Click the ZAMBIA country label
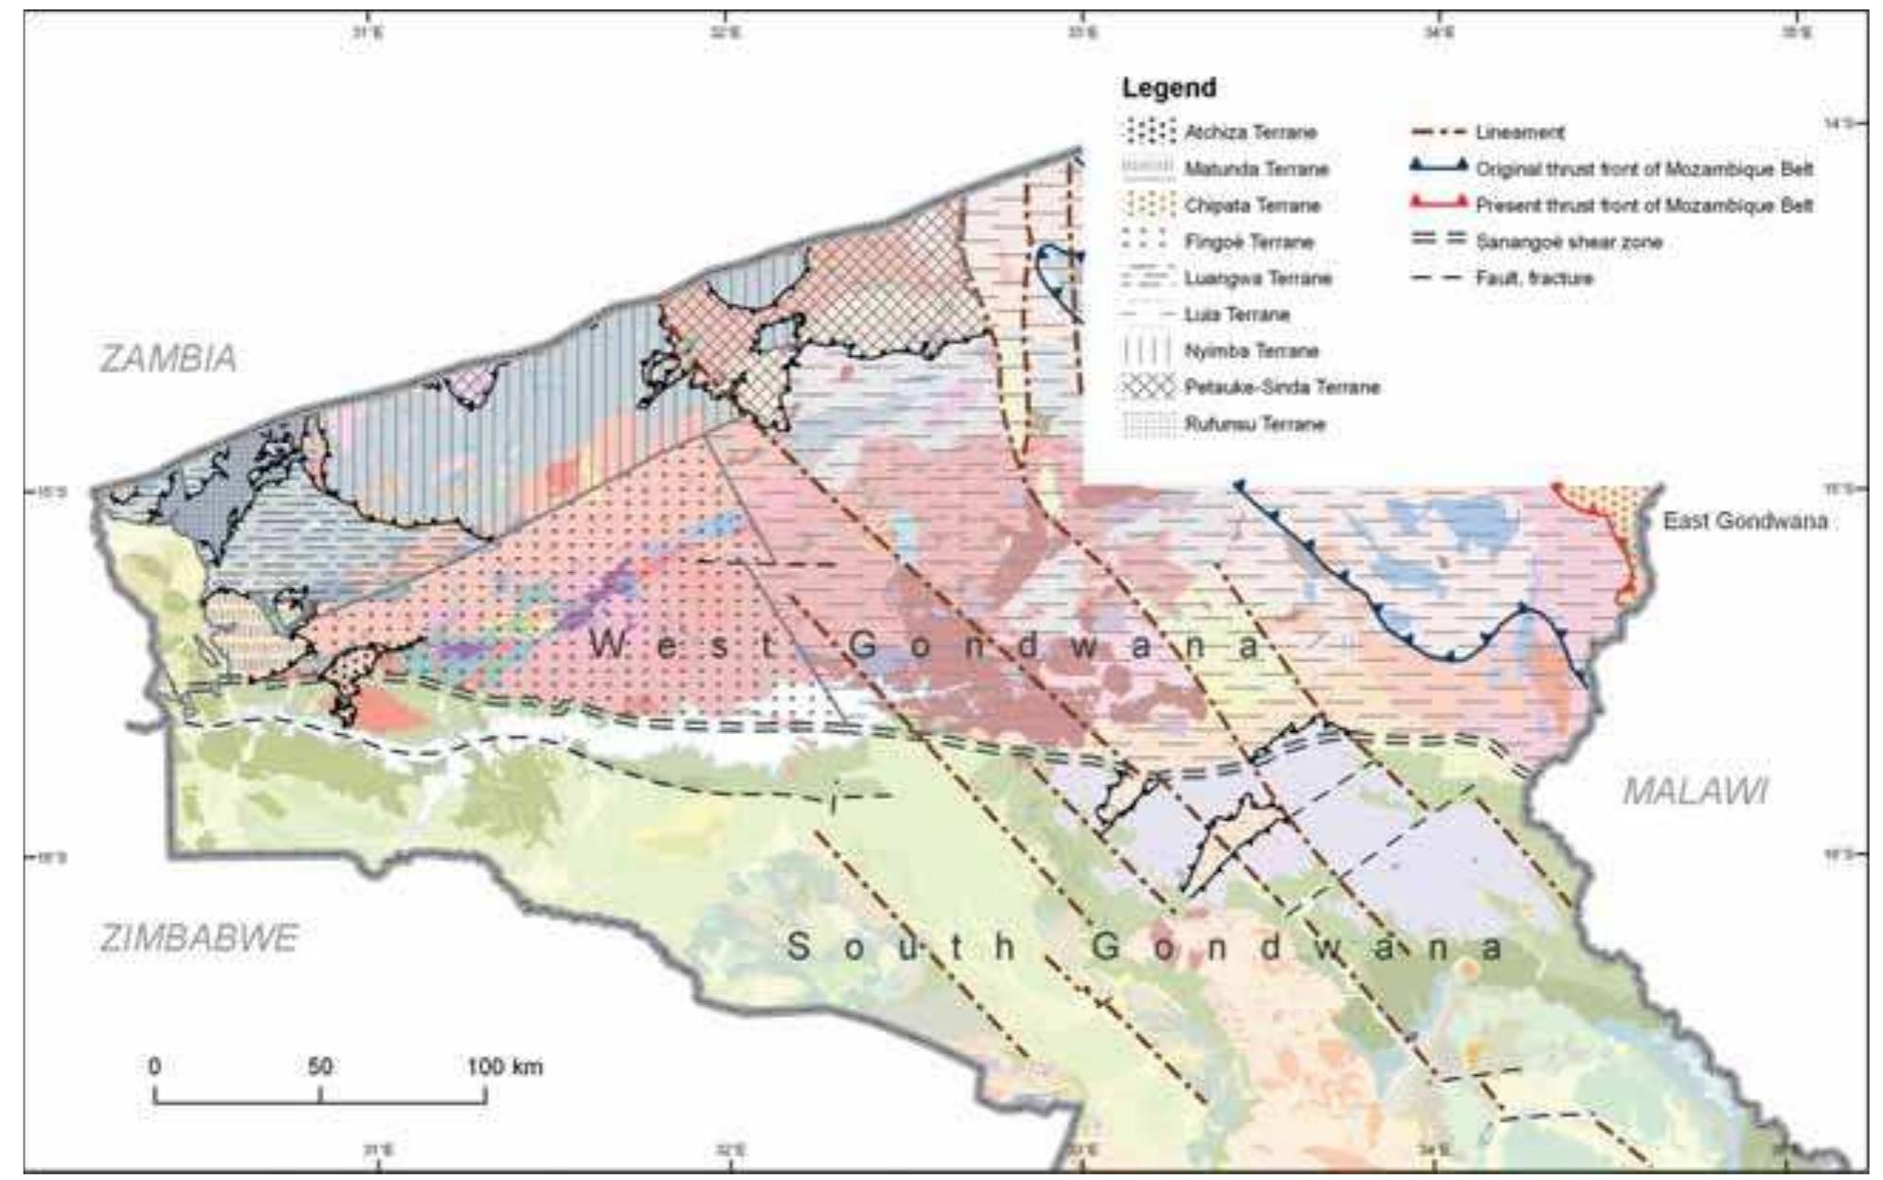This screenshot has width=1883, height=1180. pyautogui.click(x=169, y=359)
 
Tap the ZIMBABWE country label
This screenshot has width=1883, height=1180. pyautogui.click(x=199, y=938)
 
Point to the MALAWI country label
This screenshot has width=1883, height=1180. pyautogui.click(x=1695, y=791)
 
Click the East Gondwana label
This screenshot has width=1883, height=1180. pyautogui.click(x=1745, y=521)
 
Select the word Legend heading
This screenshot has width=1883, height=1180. pyautogui.click(x=1169, y=88)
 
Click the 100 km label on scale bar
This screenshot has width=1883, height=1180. pyautogui.click(x=504, y=1066)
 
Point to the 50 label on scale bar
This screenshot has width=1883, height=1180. pyautogui.click(x=320, y=1066)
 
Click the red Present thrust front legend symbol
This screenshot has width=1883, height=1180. pyautogui.click(x=1439, y=204)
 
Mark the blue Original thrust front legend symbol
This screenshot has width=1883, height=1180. pyautogui.click(x=1439, y=168)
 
